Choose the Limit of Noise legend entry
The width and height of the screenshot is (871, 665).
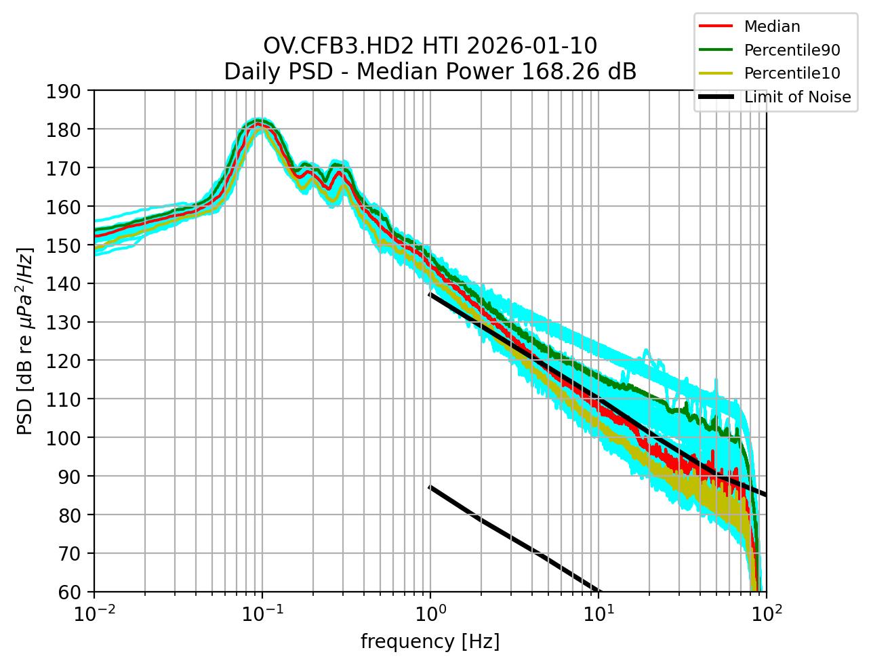(x=797, y=97)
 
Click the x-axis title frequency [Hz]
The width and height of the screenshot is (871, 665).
(x=430, y=641)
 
